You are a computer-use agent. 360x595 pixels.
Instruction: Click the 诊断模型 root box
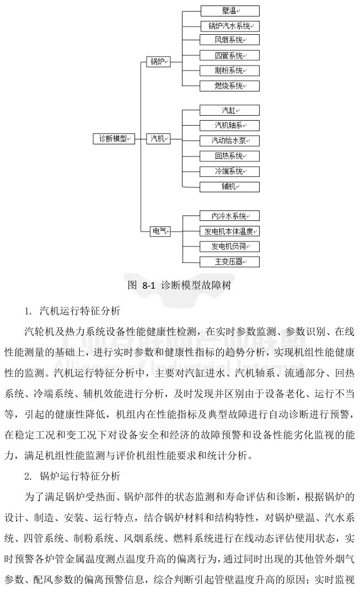click(114, 139)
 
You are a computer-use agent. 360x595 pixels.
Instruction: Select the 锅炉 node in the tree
click(158, 62)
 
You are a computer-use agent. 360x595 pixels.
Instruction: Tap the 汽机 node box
click(158, 139)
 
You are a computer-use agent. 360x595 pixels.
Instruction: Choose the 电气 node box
click(158, 231)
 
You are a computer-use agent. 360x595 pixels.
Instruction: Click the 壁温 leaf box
click(229, 10)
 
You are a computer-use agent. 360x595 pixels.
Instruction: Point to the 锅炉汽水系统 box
click(229, 26)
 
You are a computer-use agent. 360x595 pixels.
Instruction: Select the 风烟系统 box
click(229, 40)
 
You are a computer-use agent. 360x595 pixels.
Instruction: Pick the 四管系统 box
click(229, 56)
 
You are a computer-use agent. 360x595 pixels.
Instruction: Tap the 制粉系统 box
click(229, 71)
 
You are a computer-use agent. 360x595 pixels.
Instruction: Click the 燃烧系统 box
click(229, 85)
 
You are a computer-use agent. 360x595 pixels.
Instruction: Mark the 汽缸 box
click(229, 110)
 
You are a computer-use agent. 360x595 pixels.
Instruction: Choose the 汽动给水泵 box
click(229, 140)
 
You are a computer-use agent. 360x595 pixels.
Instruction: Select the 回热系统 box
click(229, 155)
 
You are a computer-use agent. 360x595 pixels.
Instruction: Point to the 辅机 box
click(229, 186)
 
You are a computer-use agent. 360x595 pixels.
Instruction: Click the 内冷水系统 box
click(229, 216)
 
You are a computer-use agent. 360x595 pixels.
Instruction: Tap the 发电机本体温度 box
click(229, 231)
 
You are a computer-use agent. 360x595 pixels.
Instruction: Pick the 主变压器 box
click(229, 261)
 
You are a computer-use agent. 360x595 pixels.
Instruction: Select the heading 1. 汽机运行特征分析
click(72, 311)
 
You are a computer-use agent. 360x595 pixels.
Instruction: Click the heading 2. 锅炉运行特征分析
click(72, 475)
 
